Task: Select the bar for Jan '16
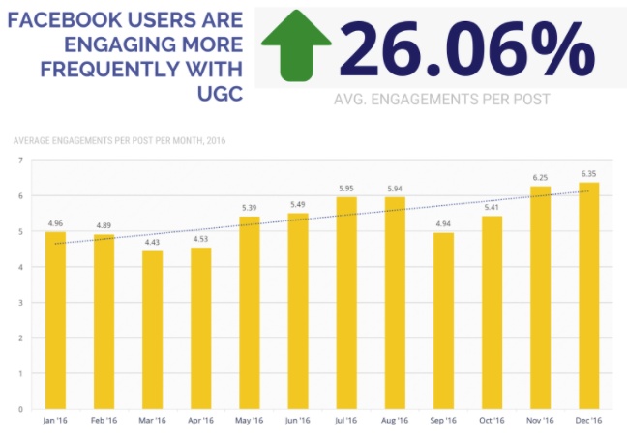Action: [x=56, y=320]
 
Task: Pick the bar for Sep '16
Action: [x=443, y=320]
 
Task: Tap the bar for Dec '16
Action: [x=588, y=295]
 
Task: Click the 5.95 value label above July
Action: [x=346, y=189]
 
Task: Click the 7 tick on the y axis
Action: [x=18, y=161]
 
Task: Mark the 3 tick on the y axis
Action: [x=18, y=303]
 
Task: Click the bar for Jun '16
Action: [x=298, y=310]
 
